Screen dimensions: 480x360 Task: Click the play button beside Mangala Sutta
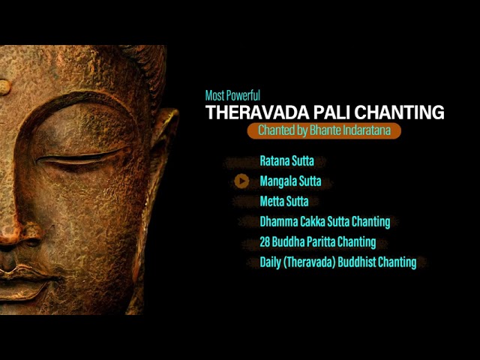[x=241, y=181]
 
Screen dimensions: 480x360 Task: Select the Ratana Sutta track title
[x=286, y=160]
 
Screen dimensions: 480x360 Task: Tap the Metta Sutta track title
[x=284, y=202]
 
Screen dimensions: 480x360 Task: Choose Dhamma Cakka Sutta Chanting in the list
[x=325, y=222]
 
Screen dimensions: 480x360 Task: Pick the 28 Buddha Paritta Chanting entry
[x=318, y=241]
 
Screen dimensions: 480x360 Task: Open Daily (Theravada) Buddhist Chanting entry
[x=338, y=262]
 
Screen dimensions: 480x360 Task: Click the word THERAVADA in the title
[x=257, y=112]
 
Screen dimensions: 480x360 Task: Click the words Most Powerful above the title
[x=232, y=95]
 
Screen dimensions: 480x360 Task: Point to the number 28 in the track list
[x=265, y=241]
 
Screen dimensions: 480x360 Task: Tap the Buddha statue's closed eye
[x=82, y=159]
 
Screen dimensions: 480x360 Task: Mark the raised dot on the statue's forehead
[x=4, y=87]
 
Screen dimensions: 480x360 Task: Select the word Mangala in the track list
[x=278, y=181]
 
